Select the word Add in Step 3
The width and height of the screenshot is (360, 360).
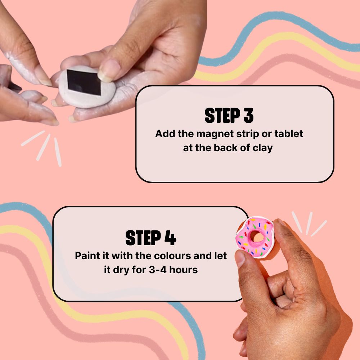tap(165, 134)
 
